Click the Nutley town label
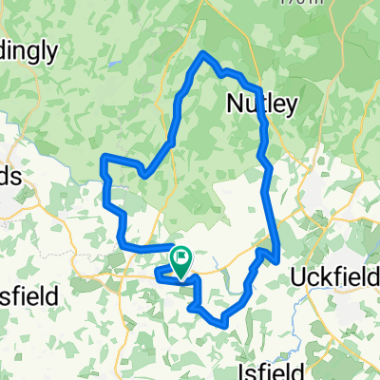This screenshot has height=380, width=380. pos(263,103)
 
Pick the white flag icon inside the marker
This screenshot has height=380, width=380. pos(181,256)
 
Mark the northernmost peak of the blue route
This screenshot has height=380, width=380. pos(203,54)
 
